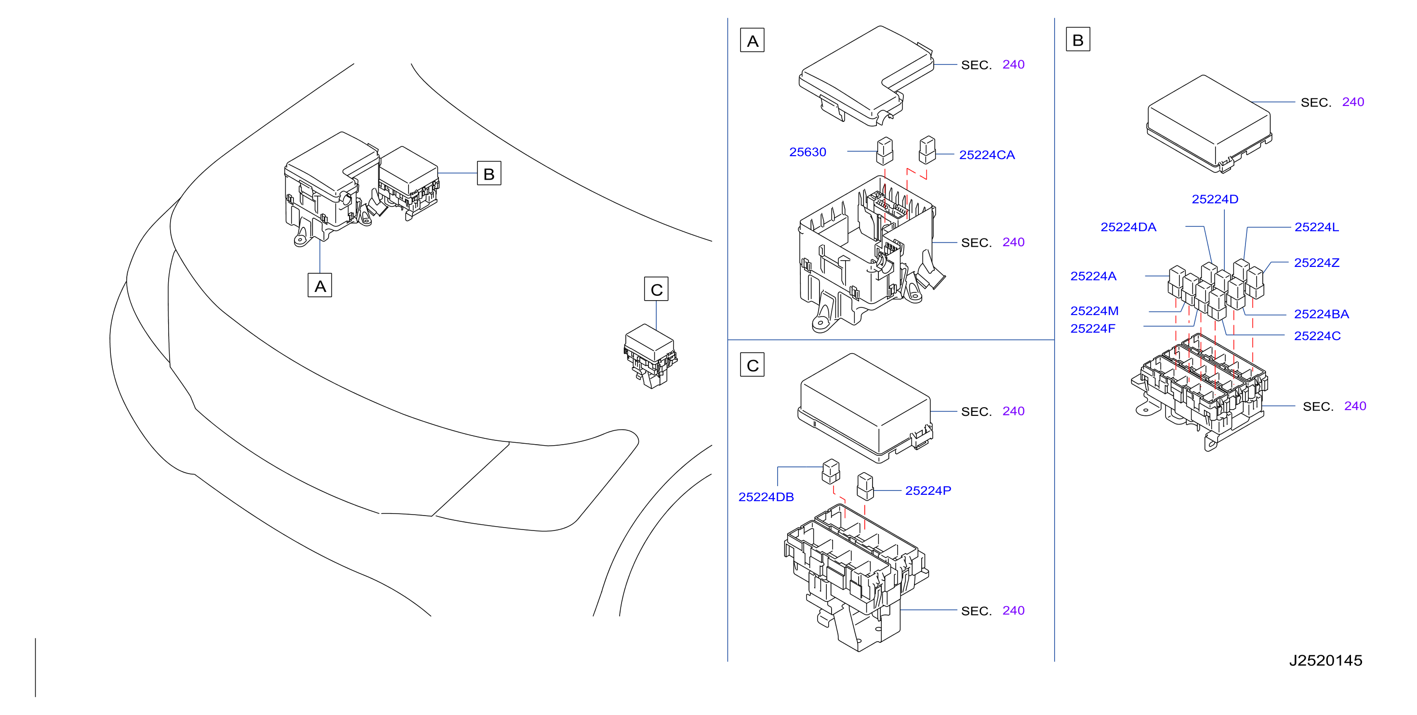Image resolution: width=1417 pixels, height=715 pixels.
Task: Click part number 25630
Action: click(x=808, y=152)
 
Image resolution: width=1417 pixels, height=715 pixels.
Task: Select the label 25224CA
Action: click(x=987, y=155)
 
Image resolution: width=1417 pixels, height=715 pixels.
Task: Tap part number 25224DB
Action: click(x=766, y=497)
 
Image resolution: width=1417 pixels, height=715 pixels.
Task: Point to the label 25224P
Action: click(x=928, y=490)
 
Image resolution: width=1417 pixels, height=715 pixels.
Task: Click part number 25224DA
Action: click(x=1128, y=227)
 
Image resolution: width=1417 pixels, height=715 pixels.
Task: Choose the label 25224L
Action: click(x=1316, y=227)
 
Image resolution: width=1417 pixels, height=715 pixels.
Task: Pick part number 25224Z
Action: click(x=1316, y=263)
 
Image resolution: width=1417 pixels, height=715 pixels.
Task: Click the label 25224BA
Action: click(x=1321, y=314)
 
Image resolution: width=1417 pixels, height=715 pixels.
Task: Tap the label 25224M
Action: click(x=1094, y=311)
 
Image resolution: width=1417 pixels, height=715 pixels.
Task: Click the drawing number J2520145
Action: click(x=1325, y=660)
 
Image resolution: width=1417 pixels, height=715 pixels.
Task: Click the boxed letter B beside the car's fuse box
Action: click(x=489, y=173)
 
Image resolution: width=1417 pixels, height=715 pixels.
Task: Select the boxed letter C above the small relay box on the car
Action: click(x=656, y=289)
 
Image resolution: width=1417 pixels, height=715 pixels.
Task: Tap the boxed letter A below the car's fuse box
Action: click(x=319, y=285)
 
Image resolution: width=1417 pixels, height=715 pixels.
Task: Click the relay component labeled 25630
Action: click(x=885, y=151)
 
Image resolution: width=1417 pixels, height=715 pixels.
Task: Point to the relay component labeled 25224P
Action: click(x=865, y=486)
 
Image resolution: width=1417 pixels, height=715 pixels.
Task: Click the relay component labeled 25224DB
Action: click(x=831, y=471)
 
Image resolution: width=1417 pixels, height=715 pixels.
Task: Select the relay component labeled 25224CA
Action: click(x=927, y=150)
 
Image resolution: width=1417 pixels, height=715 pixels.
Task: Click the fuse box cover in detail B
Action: click(x=1209, y=124)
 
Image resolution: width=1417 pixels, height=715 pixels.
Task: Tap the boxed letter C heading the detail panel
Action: click(x=753, y=365)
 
